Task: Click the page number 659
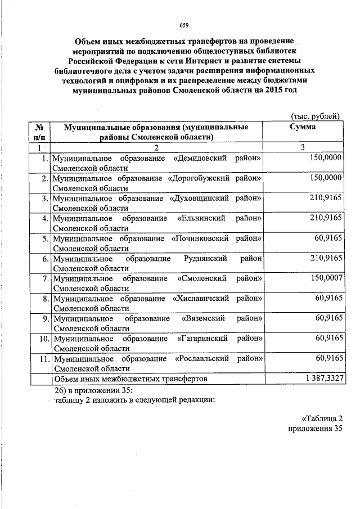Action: coord(183,24)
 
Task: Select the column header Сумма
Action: coord(302,128)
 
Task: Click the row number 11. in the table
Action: coord(44,358)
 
